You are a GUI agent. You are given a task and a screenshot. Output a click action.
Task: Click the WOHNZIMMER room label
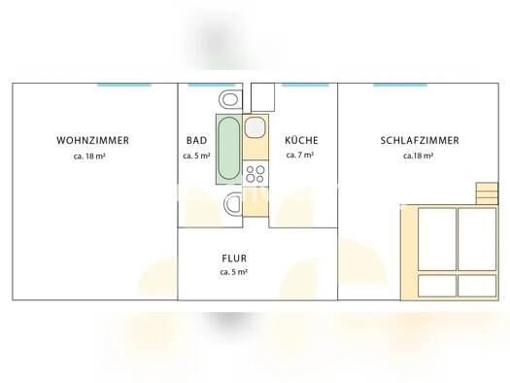coord(92,141)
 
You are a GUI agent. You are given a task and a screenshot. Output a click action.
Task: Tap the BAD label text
coord(197,141)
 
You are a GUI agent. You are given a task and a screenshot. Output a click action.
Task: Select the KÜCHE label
coord(301,140)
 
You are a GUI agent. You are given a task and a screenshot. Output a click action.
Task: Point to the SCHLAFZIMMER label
coord(420,141)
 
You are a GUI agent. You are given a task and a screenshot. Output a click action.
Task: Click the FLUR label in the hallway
coord(234,259)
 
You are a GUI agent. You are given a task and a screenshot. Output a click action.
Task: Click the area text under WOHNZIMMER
coord(89,157)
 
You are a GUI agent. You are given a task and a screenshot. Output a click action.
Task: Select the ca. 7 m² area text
coord(300,155)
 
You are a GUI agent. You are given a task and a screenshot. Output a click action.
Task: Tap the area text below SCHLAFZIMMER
coord(418,156)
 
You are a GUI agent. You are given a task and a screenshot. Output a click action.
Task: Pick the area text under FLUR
coord(234,272)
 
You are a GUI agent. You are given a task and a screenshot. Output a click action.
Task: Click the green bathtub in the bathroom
coord(229,149)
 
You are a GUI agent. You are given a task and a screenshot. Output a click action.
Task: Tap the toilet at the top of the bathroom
coord(230,99)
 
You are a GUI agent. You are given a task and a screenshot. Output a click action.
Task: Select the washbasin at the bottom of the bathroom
coord(233,204)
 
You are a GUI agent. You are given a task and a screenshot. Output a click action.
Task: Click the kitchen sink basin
coord(255,127)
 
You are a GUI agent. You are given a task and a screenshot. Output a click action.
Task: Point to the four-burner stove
coord(255,174)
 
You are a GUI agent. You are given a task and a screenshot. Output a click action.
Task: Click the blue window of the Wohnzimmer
coord(124,85)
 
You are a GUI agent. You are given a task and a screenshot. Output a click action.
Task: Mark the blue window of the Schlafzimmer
coord(400,85)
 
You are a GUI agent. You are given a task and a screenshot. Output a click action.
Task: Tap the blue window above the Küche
coord(305,85)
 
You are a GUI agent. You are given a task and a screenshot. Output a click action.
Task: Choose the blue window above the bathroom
coord(211,85)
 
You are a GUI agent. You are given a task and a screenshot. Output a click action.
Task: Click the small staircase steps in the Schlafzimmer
coord(487,193)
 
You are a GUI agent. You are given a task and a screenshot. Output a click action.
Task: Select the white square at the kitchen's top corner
coord(263,97)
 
